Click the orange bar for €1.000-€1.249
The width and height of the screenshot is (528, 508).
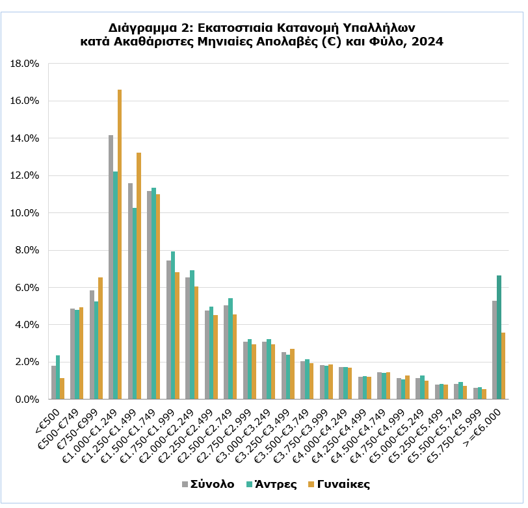point(120,244)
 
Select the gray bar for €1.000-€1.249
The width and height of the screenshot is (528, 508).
point(111,267)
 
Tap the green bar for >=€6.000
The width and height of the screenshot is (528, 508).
point(499,337)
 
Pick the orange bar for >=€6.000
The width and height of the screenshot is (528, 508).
point(503,366)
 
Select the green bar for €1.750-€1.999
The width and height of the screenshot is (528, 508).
point(173,325)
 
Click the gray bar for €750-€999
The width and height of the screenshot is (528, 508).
point(92,345)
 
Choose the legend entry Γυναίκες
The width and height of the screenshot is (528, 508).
point(343,484)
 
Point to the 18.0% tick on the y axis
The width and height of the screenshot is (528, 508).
point(27,64)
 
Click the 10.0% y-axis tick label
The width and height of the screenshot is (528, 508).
point(27,213)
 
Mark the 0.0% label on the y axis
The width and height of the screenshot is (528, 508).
point(29,400)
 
